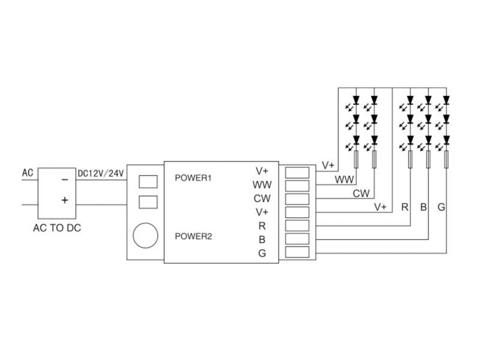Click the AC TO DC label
pyautogui.click(x=58, y=228)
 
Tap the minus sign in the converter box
pyautogui.click(x=64, y=179)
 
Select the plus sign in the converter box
pyautogui.click(x=64, y=200)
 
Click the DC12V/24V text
pyautogui.click(x=100, y=174)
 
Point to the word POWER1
pyautogui.click(x=193, y=178)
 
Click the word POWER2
pyautogui.click(x=193, y=236)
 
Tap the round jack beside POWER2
pyautogui.click(x=146, y=235)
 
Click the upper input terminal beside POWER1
pyautogui.click(x=148, y=181)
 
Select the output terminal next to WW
pyautogui.click(x=297, y=185)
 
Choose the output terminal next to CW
pyautogui.click(x=297, y=199)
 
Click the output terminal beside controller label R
pyautogui.click(x=297, y=226)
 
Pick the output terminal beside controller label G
pyautogui.click(x=297, y=253)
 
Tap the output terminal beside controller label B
pyautogui.click(x=297, y=239)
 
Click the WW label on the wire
pyautogui.click(x=344, y=179)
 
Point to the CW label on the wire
pyautogui.click(x=361, y=193)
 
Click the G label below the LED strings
pyautogui.click(x=441, y=208)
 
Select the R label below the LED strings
pyautogui.click(x=405, y=208)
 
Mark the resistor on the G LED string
pyautogui.click(x=446, y=160)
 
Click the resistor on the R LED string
pyautogui.click(x=410, y=160)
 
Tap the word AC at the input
pyautogui.click(x=28, y=173)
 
